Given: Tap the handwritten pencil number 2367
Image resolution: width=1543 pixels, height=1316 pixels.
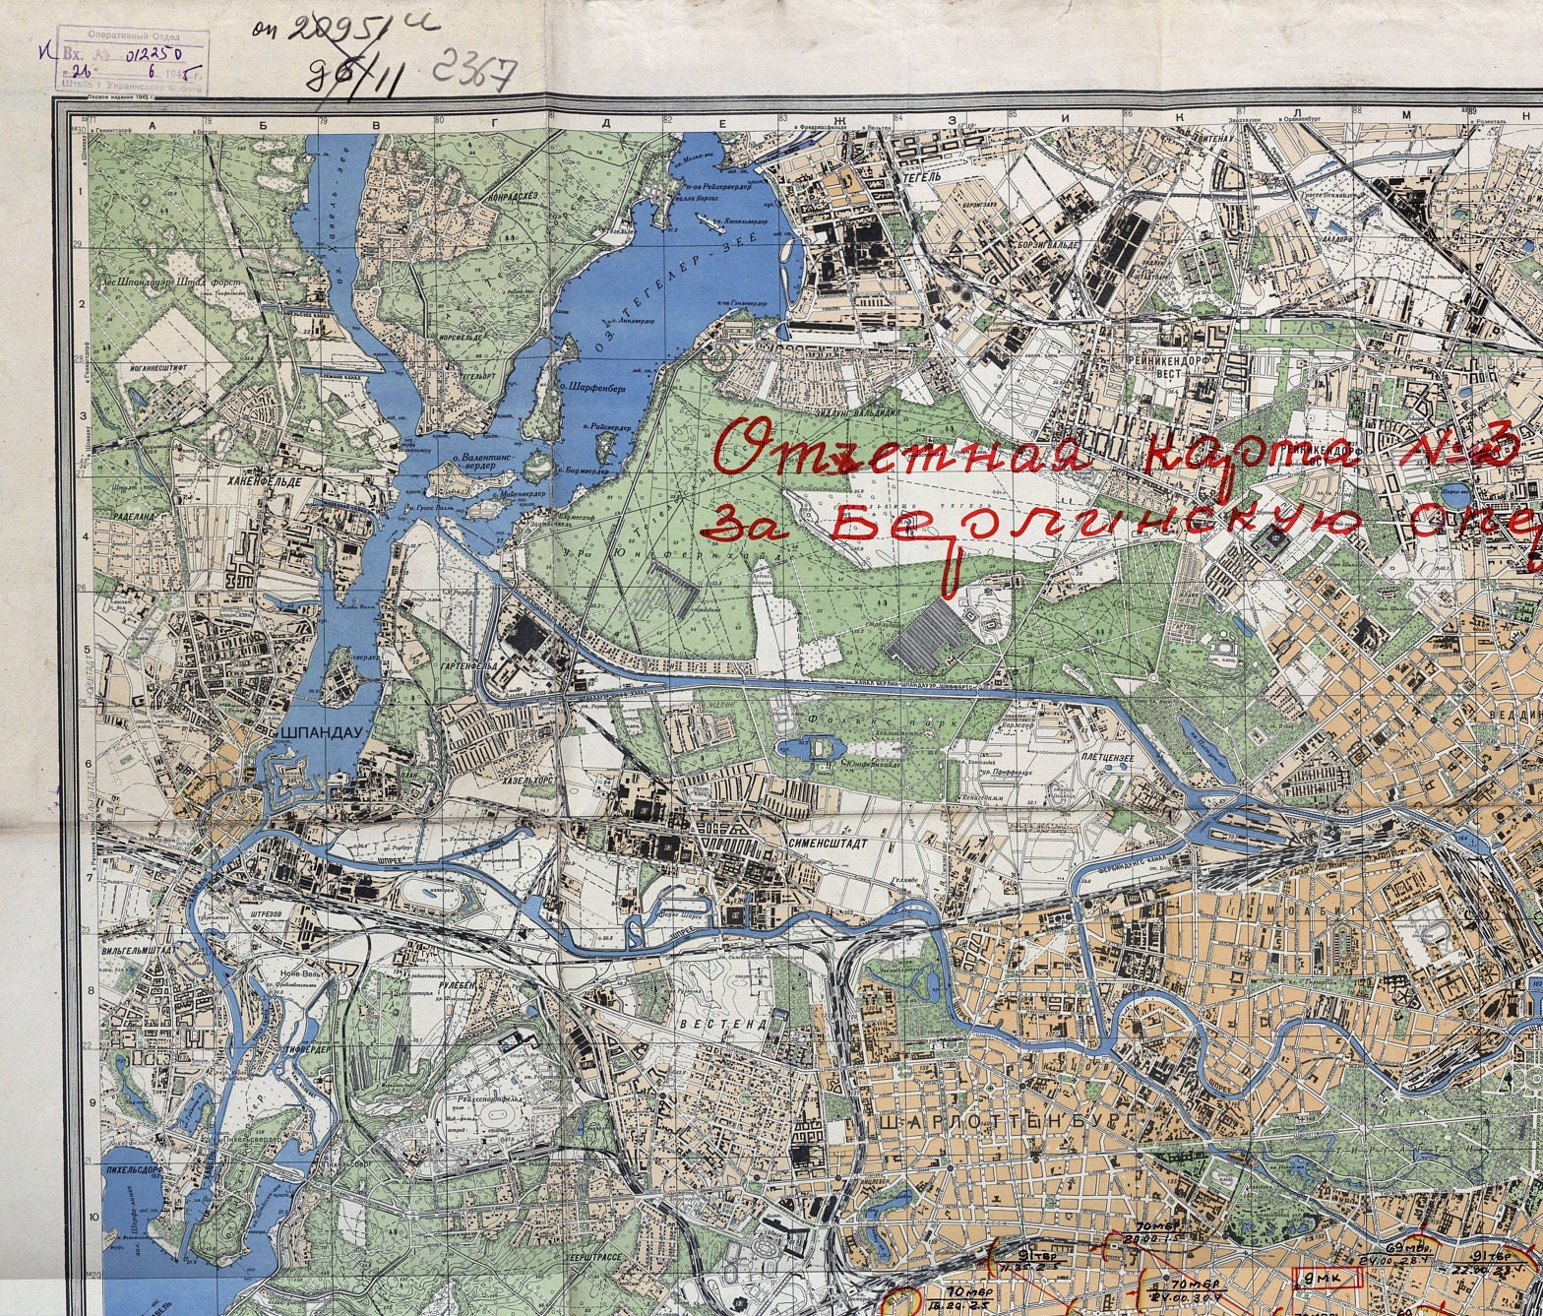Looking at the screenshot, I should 475,71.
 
